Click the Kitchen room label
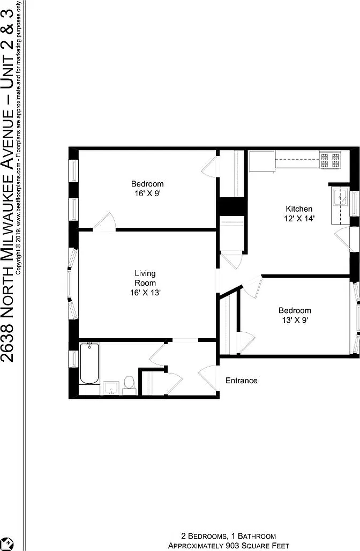click(x=299, y=209)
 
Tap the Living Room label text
click(x=145, y=278)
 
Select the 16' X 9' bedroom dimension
click(x=147, y=193)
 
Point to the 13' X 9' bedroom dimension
click(x=295, y=320)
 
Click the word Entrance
click(x=241, y=381)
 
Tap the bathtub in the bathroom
click(x=89, y=363)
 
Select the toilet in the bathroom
click(x=129, y=385)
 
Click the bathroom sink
click(x=111, y=388)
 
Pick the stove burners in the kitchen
click(x=330, y=160)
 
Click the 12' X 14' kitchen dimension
click(x=299, y=218)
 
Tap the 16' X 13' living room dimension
click(x=145, y=292)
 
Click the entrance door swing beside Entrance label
click(x=207, y=377)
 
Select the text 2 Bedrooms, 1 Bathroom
click(x=229, y=536)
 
